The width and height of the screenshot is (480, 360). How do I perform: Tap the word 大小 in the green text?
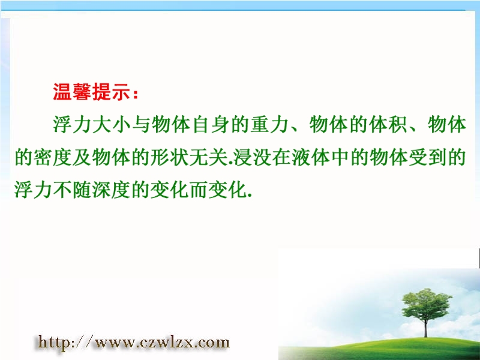pos(112,125)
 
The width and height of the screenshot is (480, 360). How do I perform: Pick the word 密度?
pos(53,157)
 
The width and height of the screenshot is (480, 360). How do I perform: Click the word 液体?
pos(311,157)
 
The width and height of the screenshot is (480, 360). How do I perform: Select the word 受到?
pos(427,157)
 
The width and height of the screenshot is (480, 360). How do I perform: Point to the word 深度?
pos(112,190)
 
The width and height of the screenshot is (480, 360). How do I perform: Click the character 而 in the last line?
pos(199,190)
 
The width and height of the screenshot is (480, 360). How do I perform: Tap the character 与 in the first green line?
pos(142,125)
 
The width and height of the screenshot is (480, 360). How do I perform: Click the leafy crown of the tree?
pos(427,305)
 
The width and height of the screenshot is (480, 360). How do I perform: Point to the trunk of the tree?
pos(425,328)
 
